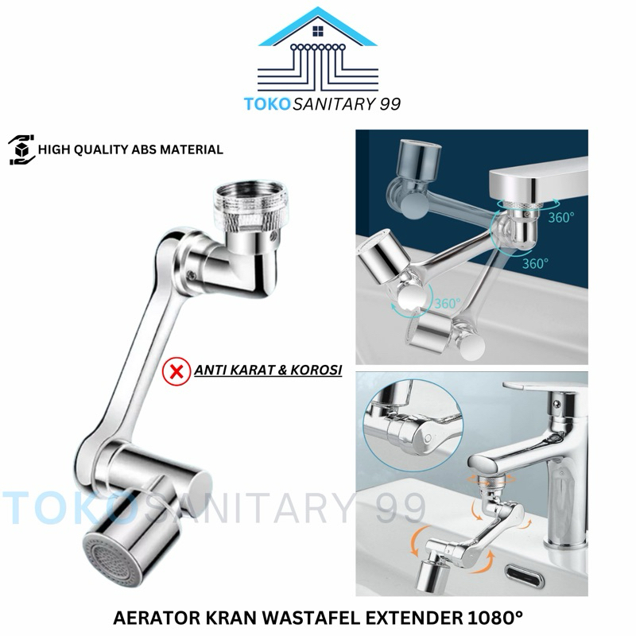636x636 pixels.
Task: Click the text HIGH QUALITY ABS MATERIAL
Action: pyautogui.click(x=130, y=149)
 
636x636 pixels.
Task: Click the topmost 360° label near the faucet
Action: pyautogui.click(x=560, y=216)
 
